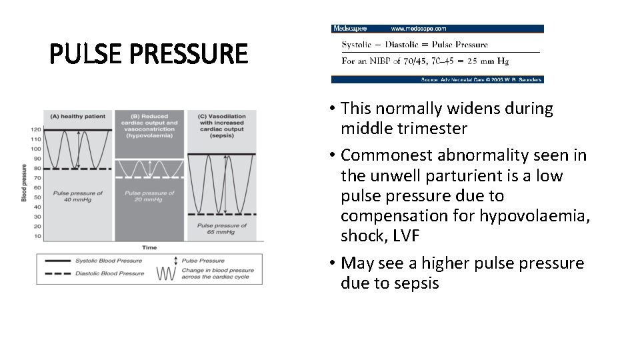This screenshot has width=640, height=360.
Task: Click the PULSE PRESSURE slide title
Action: click(148, 53)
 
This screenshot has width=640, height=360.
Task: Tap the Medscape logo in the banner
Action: click(349, 29)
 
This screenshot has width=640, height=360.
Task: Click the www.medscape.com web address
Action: click(418, 29)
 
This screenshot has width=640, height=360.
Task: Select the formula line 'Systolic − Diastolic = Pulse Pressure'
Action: click(415, 45)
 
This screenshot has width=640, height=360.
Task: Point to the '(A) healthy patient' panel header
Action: click(78, 117)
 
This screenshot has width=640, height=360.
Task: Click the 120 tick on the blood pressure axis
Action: click(36, 129)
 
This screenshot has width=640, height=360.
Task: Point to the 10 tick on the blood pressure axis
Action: click(36, 237)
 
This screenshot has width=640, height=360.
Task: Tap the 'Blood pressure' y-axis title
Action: click(25, 183)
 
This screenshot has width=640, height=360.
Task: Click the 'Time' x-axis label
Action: click(149, 247)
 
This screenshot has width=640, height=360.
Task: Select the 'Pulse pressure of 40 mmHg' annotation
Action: click(78, 197)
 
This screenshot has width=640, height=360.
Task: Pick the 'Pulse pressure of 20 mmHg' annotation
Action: click(149, 197)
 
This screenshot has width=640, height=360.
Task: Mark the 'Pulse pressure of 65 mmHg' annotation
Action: click(222, 229)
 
